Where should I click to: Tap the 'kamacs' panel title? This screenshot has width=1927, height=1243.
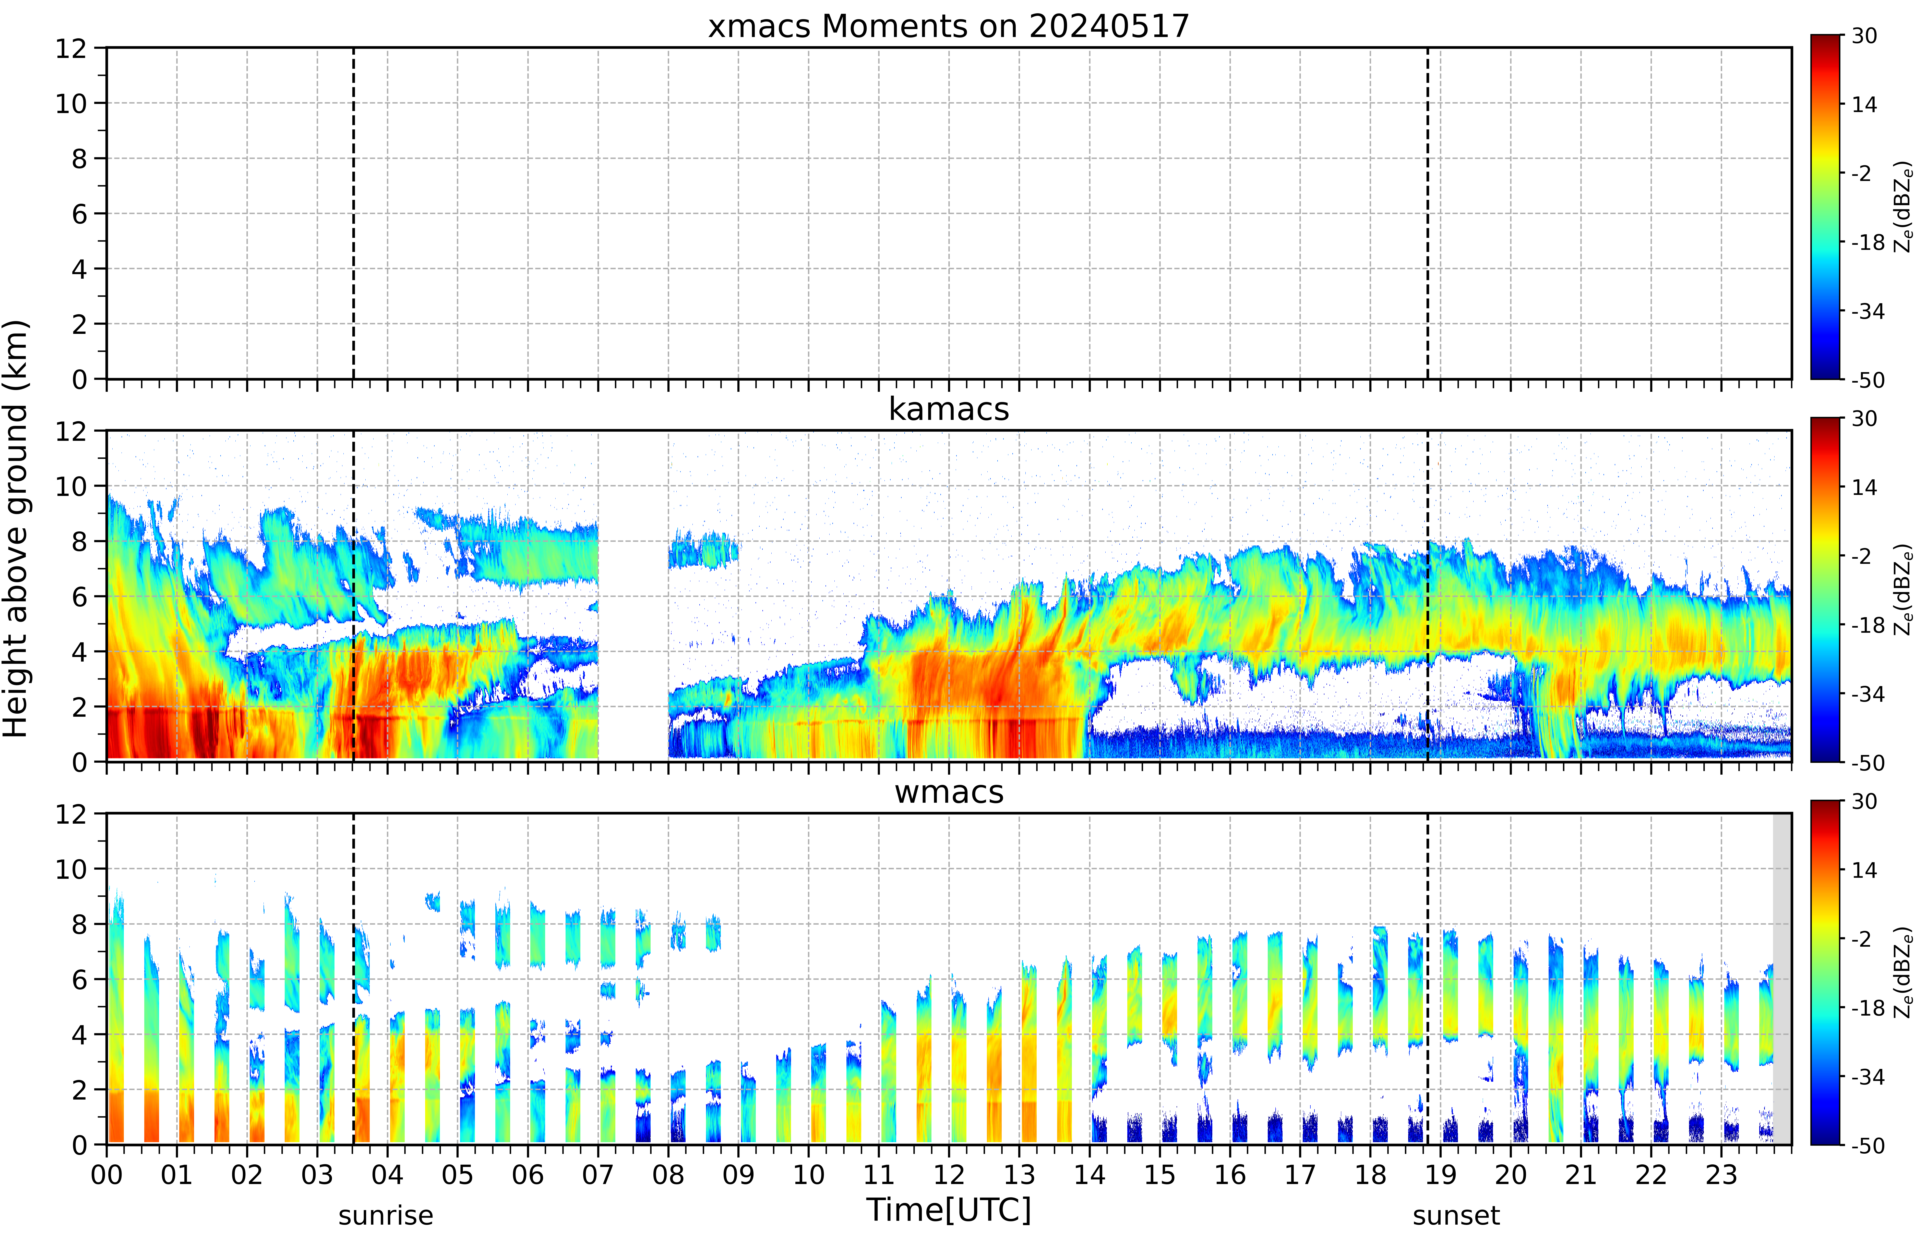pyautogui.click(x=949, y=409)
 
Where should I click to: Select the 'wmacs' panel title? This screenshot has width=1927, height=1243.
pyautogui.click(x=949, y=792)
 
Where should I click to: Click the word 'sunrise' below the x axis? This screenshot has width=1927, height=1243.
pyautogui.click(x=386, y=1215)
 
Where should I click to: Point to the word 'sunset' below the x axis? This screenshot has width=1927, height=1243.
pyautogui.click(x=1456, y=1215)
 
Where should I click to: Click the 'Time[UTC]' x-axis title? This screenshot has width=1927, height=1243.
pyautogui.click(x=949, y=1210)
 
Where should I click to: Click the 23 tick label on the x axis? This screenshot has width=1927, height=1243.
pyautogui.click(x=1721, y=1174)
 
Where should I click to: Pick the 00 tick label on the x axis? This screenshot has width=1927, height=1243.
pyautogui.click(x=106, y=1174)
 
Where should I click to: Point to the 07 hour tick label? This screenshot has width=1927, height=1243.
pyautogui.click(x=597, y=1174)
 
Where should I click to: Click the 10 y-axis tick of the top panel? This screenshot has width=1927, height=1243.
pyautogui.click(x=71, y=103)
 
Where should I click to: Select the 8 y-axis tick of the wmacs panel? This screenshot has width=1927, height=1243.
pyautogui.click(x=79, y=924)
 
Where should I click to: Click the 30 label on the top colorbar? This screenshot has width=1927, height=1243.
pyautogui.click(x=1864, y=35)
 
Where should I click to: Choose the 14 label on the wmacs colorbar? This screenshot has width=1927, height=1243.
pyautogui.click(x=1864, y=870)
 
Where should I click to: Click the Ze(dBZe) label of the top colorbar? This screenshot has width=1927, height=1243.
pyautogui.click(x=1904, y=207)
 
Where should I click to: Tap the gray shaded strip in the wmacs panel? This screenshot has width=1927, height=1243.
pyautogui.click(x=1782, y=978)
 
